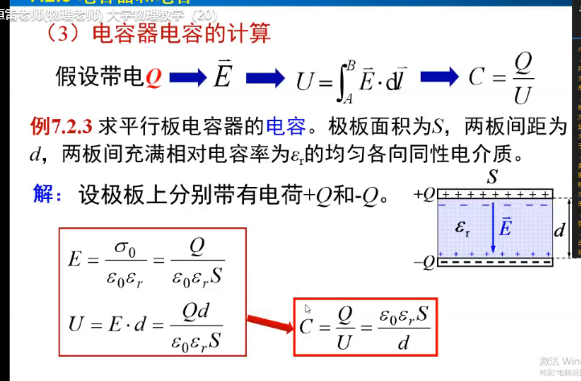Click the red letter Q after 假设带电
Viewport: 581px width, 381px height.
click(x=154, y=78)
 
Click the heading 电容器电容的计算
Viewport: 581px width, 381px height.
click(x=181, y=34)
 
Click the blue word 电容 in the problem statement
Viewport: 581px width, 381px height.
click(x=286, y=127)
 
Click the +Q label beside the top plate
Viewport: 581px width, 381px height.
click(x=424, y=194)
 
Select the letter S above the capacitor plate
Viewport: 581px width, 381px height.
click(x=493, y=175)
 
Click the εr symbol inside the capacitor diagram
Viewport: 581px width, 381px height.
click(x=464, y=228)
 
